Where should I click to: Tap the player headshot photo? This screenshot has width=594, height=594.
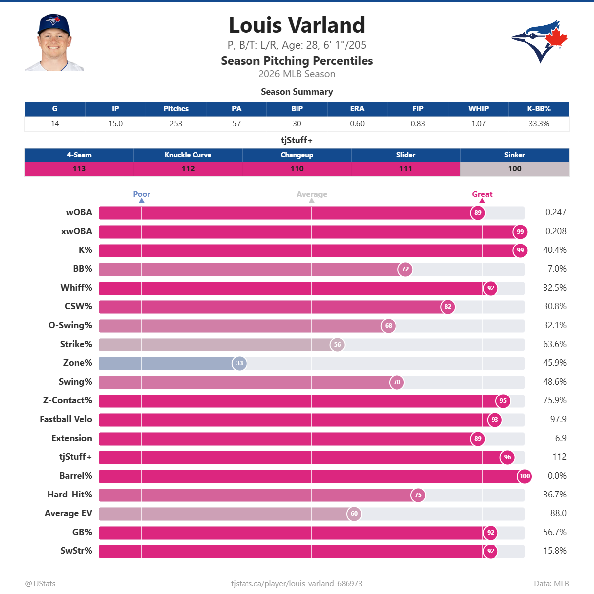pyautogui.click(x=54, y=43)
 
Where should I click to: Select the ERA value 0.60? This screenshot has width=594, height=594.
pyautogui.click(x=357, y=124)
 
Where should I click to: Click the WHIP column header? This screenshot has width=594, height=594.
pyautogui.click(x=478, y=109)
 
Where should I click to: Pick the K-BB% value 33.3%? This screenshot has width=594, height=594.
pyautogui.click(x=539, y=124)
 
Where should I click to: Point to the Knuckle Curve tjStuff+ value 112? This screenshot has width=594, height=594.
pyautogui.click(x=188, y=169)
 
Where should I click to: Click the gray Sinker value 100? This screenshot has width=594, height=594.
pyautogui.click(x=515, y=169)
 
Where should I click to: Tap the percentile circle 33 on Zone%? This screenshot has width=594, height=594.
pyautogui.click(x=239, y=363)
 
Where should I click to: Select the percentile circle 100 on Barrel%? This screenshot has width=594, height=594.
pyautogui.click(x=525, y=476)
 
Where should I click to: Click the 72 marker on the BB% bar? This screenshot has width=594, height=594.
pyautogui.click(x=405, y=269)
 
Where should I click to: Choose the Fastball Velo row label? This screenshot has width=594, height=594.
pyautogui.click(x=66, y=419)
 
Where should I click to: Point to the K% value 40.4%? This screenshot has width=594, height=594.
pyautogui.click(x=554, y=250)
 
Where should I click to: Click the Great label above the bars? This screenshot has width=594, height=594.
pyautogui.click(x=482, y=194)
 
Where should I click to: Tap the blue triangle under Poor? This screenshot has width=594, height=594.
pyautogui.click(x=142, y=201)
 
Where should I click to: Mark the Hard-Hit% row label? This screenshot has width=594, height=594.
pyautogui.click(x=70, y=495)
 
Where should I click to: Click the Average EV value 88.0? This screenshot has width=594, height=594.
pyautogui.click(x=558, y=513)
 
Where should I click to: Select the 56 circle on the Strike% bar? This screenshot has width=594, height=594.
pyautogui.click(x=337, y=345)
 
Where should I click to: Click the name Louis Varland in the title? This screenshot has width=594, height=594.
pyautogui.click(x=297, y=25)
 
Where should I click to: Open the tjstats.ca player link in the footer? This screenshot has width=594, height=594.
pyautogui.click(x=297, y=584)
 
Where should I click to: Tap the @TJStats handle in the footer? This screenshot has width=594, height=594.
pyautogui.click(x=40, y=584)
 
